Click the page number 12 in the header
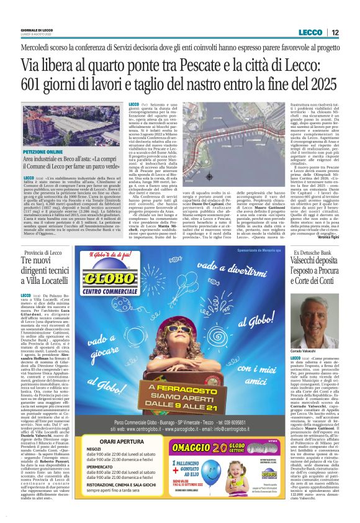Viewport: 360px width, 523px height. (335, 32)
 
